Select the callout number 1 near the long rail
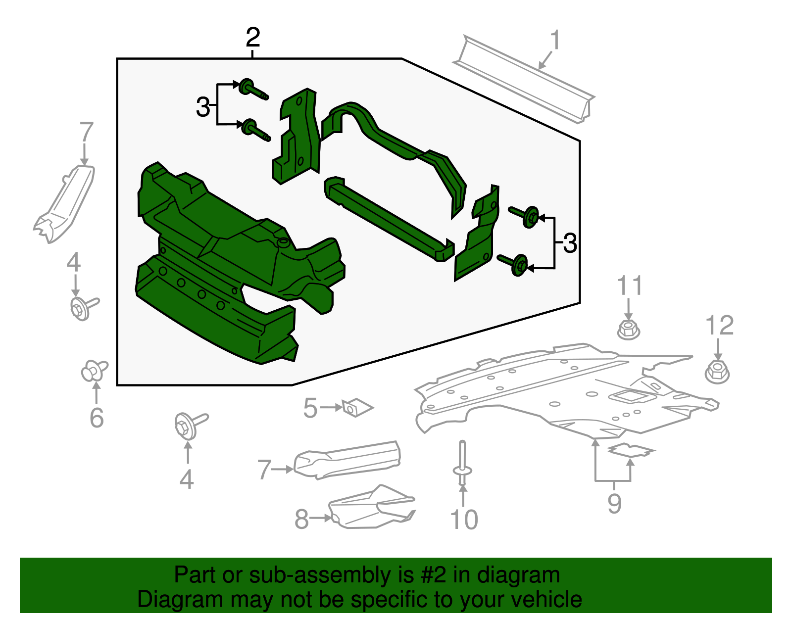[x=555, y=40]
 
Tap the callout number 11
[x=629, y=286]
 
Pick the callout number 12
[x=719, y=326]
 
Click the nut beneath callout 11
[x=628, y=329]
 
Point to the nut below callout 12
[x=717, y=371]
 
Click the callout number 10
[x=464, y=520]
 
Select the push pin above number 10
[x=462, y=463]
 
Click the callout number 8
[x=301, y=520]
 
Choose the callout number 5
[x=310, y=408]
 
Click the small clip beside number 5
[x=357, y=408]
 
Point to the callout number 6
[x=97, y=418]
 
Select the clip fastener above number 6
[x=94, y=371]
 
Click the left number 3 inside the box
[x=203, y=107]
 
